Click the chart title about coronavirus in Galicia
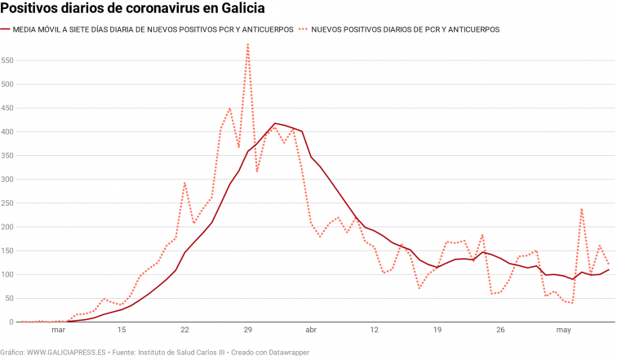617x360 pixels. [132, 9]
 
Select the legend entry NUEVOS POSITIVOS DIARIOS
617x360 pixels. [406, 29]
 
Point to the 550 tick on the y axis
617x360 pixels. [8, 60]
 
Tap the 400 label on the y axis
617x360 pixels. [8, 132]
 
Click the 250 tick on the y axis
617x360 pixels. [8, 203]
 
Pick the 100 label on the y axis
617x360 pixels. [8, 274]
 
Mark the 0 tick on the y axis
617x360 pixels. [11, 322]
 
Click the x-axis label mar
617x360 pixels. [58, 331]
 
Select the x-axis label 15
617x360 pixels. [122, 331]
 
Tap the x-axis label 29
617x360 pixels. [248, 331]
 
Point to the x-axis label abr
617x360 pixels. [311, 331]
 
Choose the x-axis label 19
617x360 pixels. [437, 331]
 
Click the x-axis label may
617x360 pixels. [563, 331]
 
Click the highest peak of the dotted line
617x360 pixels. [248, 45]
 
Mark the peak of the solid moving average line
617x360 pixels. [275, 123]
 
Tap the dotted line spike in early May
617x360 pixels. [582, 209]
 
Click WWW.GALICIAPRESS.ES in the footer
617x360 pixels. [66, 352]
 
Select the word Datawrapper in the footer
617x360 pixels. [287, 352]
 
